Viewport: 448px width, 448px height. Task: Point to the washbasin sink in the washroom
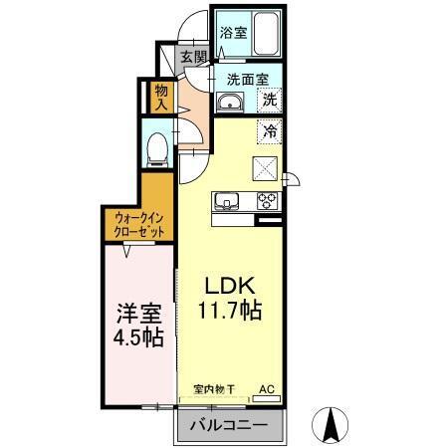point(229,101)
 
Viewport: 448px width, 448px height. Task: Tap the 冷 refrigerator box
point(269,128)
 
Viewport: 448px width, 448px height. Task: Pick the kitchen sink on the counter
point(228,201)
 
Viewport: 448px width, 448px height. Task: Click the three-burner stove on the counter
point(266,201)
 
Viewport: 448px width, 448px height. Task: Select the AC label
point(267,388)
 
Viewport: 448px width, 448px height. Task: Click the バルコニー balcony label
point(231,426)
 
